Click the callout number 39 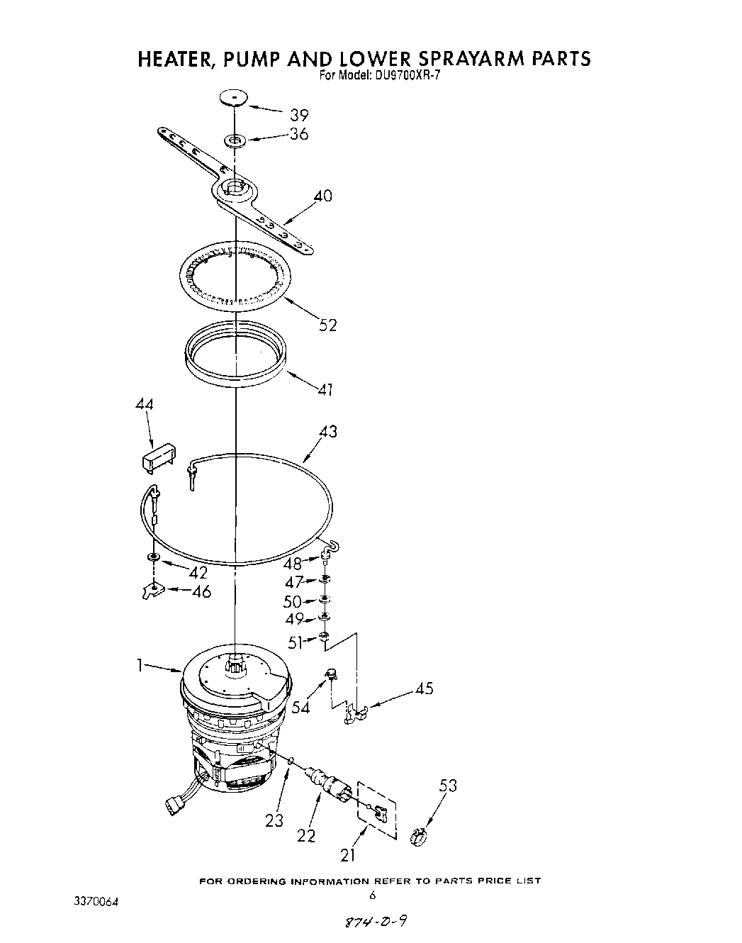pyautogui.click(x=299, y=115)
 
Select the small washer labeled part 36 pyautogui.click(x=235, y=141)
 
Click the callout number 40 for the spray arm pyautogui.click(x=322, y=196)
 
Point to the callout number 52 pyautogui.click(x=327, y=325)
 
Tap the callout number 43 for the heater pyautogui.click(x=327, y=431)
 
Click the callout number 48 pyautogui.click(x=292, y=564)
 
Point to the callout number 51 pyautogui.click(x=295, y=642)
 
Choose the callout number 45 pyautogui.click(x=423, y=688)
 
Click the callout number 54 pyautogui.click(x=301, y=708)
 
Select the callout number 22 pyautogui.click(x=306, y=836)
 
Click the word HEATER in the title pyautogui.click(x=174, y=58)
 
